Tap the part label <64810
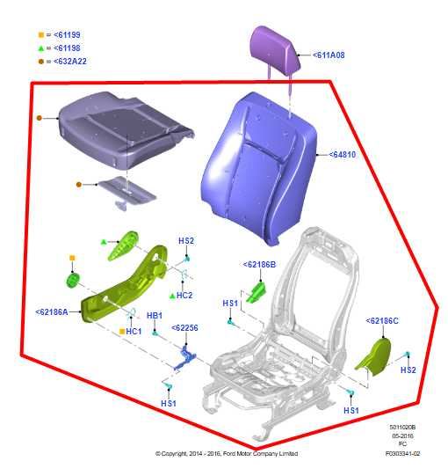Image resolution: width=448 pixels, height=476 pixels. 343,155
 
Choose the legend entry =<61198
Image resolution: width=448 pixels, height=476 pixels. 59,50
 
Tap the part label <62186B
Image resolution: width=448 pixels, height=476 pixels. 259,263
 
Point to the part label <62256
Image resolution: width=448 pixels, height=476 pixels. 185,327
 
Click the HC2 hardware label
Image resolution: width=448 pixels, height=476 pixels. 184,295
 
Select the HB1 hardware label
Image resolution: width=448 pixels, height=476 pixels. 154,316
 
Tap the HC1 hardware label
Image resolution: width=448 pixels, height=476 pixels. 134,331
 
